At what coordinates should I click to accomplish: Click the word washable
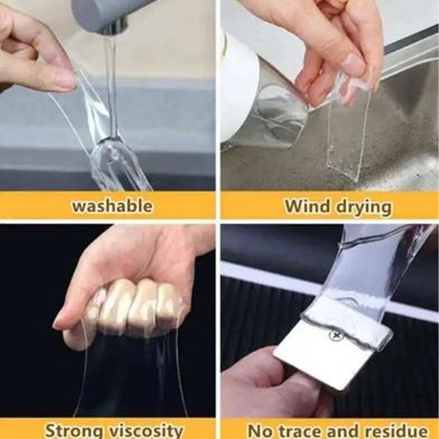point(112,206)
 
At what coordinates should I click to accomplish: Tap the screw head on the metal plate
point(334,335)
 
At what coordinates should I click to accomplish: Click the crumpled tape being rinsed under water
point(117,162)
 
